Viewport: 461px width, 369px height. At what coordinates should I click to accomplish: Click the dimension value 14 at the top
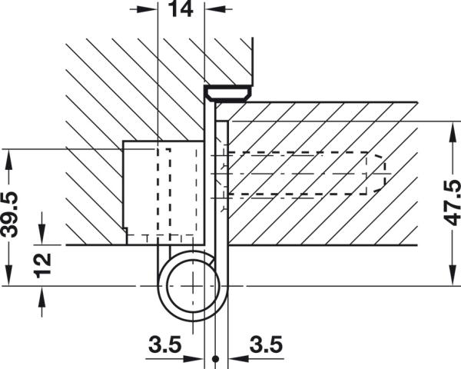[x=182, y=10]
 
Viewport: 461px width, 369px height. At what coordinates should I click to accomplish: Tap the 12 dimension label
[x=45, y=264]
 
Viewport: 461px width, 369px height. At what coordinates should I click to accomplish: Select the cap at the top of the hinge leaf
[x=227, y=92]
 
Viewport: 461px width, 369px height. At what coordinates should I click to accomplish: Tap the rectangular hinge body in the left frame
[x=164, y=192]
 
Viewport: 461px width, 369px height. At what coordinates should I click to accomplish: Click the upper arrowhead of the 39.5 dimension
[x=8, y=156]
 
